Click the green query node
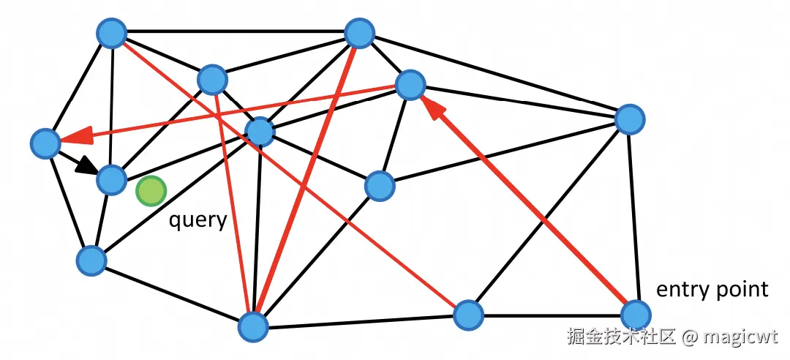(151, 191)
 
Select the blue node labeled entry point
(635, 315)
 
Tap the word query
(197, 220)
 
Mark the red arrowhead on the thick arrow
(433, 108)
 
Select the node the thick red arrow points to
(410, 86)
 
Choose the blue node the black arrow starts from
(45, 143)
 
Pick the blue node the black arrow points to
(112, 179)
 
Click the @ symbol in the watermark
(689, 338)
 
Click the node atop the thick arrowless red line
(359, 33)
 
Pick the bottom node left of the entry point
(468, 315)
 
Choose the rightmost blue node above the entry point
(629, 119)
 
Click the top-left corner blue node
(112, 33)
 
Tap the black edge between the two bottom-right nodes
(552, 315)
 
